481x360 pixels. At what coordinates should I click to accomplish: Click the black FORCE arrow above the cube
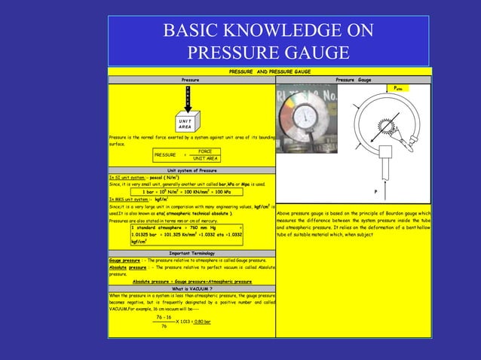click(x=188, y=96)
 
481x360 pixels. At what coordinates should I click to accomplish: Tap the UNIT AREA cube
click(x=182, y=123)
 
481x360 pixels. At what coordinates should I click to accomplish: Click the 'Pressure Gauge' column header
click(x=353, y=78)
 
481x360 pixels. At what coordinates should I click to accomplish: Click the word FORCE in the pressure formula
click(x=200, y=151)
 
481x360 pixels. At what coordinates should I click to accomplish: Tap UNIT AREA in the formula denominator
click(x=204, y=159)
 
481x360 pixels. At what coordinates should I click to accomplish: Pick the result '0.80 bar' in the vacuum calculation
click(x=200, y=322)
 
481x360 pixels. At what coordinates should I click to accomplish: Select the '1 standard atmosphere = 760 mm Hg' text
click(x=173, y=227)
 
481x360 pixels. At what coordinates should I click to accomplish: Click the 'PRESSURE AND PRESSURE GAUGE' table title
click(x=269, y=71)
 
